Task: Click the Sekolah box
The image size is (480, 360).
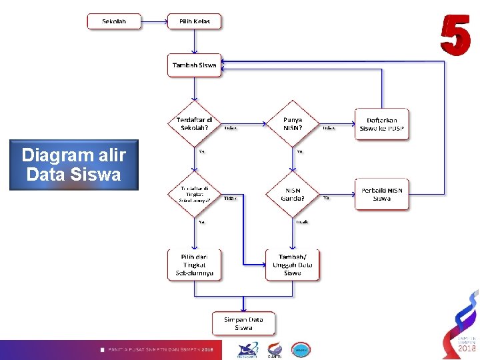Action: tap(115, 21)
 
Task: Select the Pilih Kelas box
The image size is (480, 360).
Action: tap(194, 21)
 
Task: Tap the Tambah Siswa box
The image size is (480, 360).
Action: tap(194, 65)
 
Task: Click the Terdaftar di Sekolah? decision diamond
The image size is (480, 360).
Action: tap(194, 123)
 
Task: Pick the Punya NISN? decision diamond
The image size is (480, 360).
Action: tap(293, 123)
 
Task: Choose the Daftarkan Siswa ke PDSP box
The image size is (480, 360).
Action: tap(382, 124)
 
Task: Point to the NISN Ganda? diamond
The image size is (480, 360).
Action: tap(293, 194)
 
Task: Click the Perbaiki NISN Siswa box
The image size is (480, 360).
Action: tap(382, 194)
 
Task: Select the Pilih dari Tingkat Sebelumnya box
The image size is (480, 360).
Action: tap(194, 265)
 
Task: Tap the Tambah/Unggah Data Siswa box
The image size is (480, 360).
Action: tap(293, 265)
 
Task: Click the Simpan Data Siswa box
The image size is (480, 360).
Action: tap(243, 323)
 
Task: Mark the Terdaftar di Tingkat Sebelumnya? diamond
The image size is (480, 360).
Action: tap(194, 194)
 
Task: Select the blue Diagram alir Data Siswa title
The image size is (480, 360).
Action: tap(73, 165)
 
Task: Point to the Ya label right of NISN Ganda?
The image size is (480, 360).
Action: tap(326, 197)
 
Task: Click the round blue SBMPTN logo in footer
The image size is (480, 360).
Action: tap(301, 349)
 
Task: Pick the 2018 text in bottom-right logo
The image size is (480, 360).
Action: tap(466, 348)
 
